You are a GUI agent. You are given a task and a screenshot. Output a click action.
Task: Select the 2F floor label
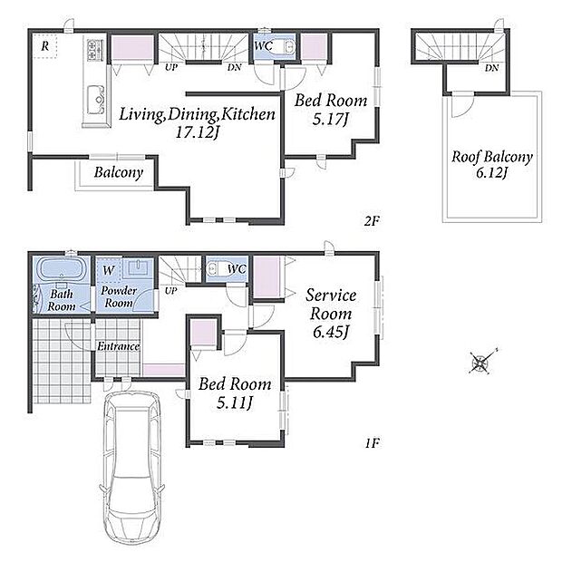(x=372, y=221)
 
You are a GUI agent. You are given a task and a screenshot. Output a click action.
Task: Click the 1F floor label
(x=372, y=444)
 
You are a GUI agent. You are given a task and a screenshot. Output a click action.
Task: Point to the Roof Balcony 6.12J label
(x=491, y=164)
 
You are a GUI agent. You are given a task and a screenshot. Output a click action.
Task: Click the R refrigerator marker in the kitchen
(x=44, y=46)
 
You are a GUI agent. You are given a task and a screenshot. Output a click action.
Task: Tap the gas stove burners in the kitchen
(x=95, y=50)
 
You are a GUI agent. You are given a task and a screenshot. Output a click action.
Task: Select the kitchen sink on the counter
(x=96, y=100)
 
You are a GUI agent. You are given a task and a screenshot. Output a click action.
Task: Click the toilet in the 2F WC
(x=288, y=46)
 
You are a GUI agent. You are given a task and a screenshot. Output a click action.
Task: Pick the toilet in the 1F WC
(x=216, y=269)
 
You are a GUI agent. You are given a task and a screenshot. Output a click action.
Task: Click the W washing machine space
(x=109, y=270)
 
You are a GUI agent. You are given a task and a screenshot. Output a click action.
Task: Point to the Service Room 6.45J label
(x=331, y=314)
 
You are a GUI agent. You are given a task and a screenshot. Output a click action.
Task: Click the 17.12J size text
(x=197, y=132)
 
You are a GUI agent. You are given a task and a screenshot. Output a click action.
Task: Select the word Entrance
(x=118, y=346)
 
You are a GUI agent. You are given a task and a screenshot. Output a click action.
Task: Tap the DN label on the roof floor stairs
(x=492, y=68)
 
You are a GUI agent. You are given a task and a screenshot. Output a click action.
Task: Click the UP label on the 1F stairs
(x=171, y=290)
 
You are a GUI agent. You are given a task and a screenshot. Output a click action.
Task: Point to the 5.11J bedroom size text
(x=235, y=402)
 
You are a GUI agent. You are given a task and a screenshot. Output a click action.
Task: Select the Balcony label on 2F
(x=119, y=172)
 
